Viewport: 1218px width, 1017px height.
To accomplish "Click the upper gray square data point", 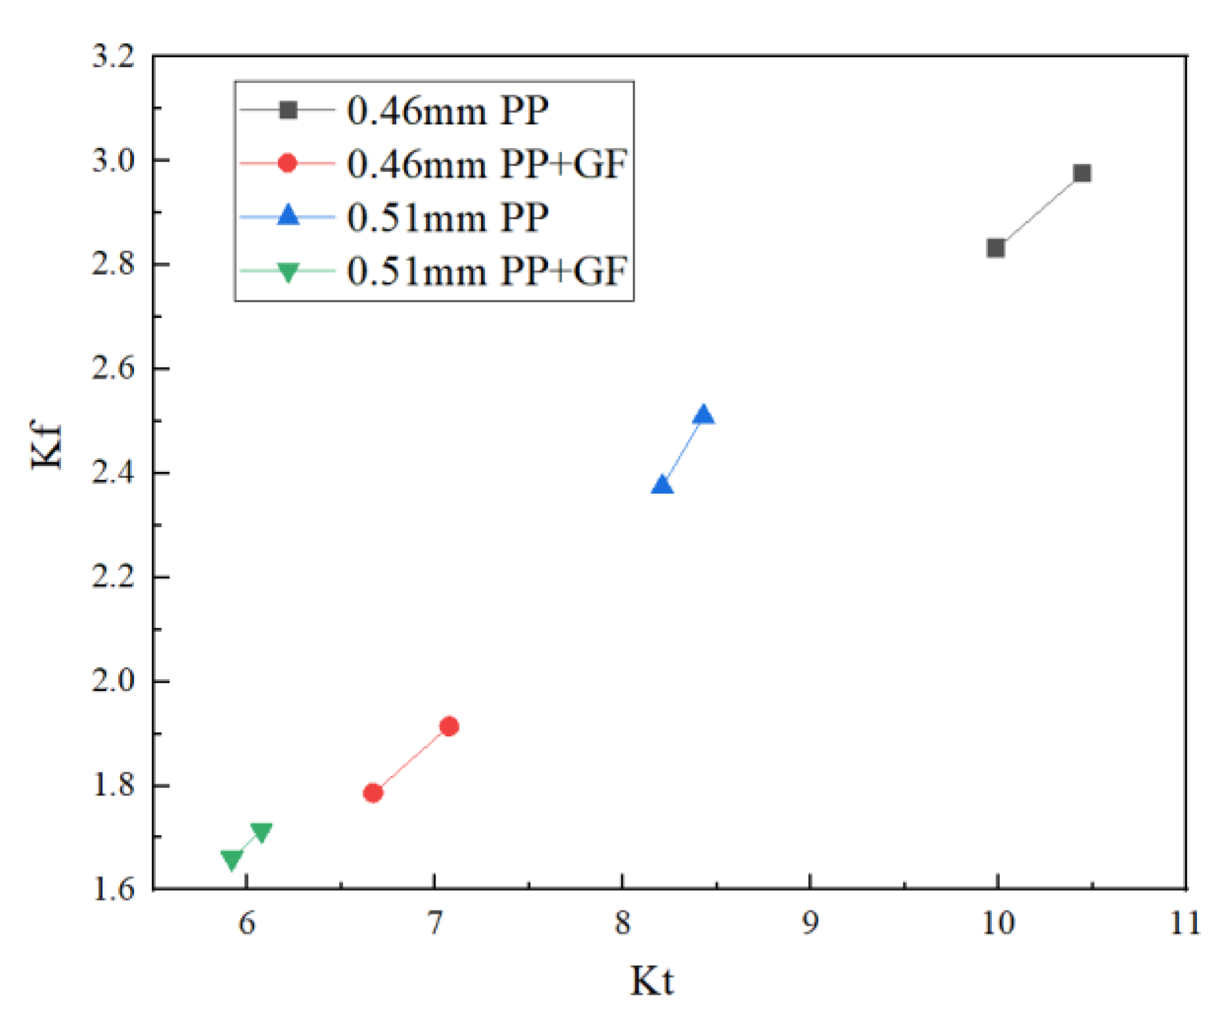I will (x=1082, y=174).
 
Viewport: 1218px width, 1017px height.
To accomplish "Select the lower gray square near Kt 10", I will (x=995, y=248).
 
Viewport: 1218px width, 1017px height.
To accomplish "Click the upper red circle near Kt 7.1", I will (x=449, y=726).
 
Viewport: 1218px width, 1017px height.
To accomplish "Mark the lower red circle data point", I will (x=373, y=793).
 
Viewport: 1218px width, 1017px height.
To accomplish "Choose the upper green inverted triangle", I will (x=261, y=832).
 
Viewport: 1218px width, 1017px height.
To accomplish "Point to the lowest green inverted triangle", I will (x=231, y=859).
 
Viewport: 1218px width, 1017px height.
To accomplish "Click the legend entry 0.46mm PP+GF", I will (x=487, y=164).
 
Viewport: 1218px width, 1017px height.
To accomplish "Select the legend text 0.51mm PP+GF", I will (x=487, y=271).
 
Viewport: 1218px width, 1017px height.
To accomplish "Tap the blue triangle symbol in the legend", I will (x=288, y=216).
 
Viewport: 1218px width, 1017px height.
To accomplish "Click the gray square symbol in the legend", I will (x=288, y=110).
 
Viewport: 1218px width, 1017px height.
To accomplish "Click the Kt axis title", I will (x=652, y=981).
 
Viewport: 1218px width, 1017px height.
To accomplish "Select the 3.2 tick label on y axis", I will (x=113, y=57).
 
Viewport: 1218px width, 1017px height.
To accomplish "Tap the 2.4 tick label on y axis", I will (x=113, y=473).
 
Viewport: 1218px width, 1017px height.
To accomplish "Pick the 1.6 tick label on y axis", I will (x=113, y=889).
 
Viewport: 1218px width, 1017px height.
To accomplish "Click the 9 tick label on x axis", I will (x=810, y=923).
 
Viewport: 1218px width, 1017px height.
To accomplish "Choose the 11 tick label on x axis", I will (x=1185, y=923).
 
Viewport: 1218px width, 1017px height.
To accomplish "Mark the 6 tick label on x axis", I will (x=246, y=923).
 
